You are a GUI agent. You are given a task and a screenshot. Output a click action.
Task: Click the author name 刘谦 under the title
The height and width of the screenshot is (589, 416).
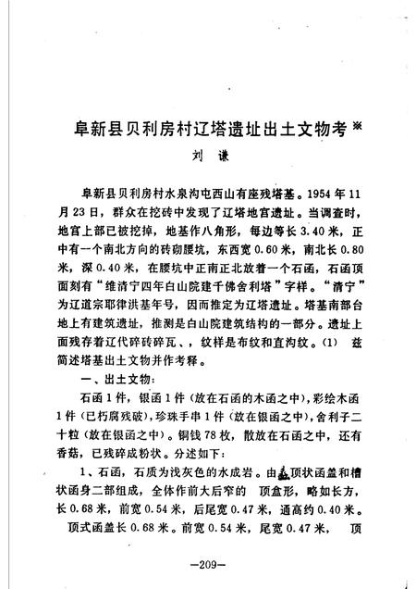pos(207,157)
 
